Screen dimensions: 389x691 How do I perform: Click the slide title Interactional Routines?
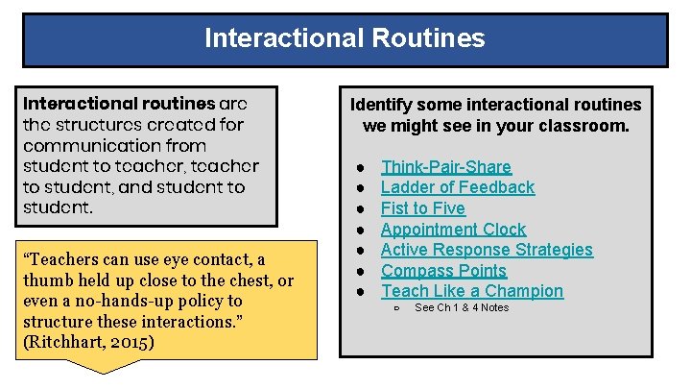point(345,38)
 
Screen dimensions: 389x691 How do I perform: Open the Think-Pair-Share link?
point(445,167)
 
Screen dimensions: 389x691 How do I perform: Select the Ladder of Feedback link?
point(457,187)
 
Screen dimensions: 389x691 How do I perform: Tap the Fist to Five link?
point(422,208)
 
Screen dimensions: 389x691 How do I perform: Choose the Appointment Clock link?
point(453,230)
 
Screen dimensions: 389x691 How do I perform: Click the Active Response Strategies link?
point(487,250)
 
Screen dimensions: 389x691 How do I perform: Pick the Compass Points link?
point(443,271)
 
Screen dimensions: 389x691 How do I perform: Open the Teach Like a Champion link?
point(471,291)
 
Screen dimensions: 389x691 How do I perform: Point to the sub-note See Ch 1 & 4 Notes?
point(461,307)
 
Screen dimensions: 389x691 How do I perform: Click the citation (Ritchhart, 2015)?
point(85,343)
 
